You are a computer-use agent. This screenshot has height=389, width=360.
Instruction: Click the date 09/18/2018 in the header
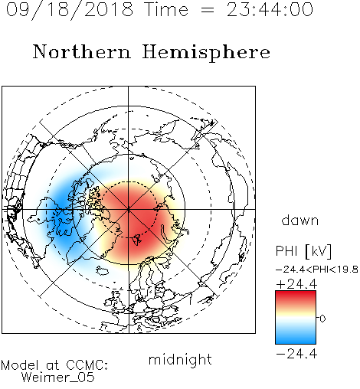pos(70,10)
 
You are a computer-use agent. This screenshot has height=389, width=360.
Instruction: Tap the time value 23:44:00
pos(270,10)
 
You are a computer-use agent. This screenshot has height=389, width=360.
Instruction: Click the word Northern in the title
pos(82,51)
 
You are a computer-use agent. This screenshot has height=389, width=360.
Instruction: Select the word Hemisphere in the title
pos(206,52)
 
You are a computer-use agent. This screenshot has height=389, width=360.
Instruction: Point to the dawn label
pos(300,221)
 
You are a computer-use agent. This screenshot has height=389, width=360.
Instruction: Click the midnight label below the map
pos(180,359)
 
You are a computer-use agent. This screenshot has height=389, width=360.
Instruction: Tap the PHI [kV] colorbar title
pos(303,251)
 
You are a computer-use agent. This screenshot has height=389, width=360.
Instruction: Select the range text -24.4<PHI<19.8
pos(317,270)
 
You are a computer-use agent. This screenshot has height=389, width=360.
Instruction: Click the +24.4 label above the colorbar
pos(296,284)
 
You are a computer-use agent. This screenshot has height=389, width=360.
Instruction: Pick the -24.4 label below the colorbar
pos(296,354)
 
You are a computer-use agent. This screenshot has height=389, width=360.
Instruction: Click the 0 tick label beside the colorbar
pos(322,319)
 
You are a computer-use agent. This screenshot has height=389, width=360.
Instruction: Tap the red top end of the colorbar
pos(296,293)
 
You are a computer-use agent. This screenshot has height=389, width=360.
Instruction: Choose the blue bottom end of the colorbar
pos(296,342)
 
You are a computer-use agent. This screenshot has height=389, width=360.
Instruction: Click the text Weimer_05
pos(58,378)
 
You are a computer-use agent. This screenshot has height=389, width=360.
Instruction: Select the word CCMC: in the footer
pos(87,365)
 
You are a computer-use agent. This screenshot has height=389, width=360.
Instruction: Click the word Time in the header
pos(166,10)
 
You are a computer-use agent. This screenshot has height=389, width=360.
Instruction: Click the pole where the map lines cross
pos(129,209)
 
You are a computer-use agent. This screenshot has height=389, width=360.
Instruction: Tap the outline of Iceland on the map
pos(103,271)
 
